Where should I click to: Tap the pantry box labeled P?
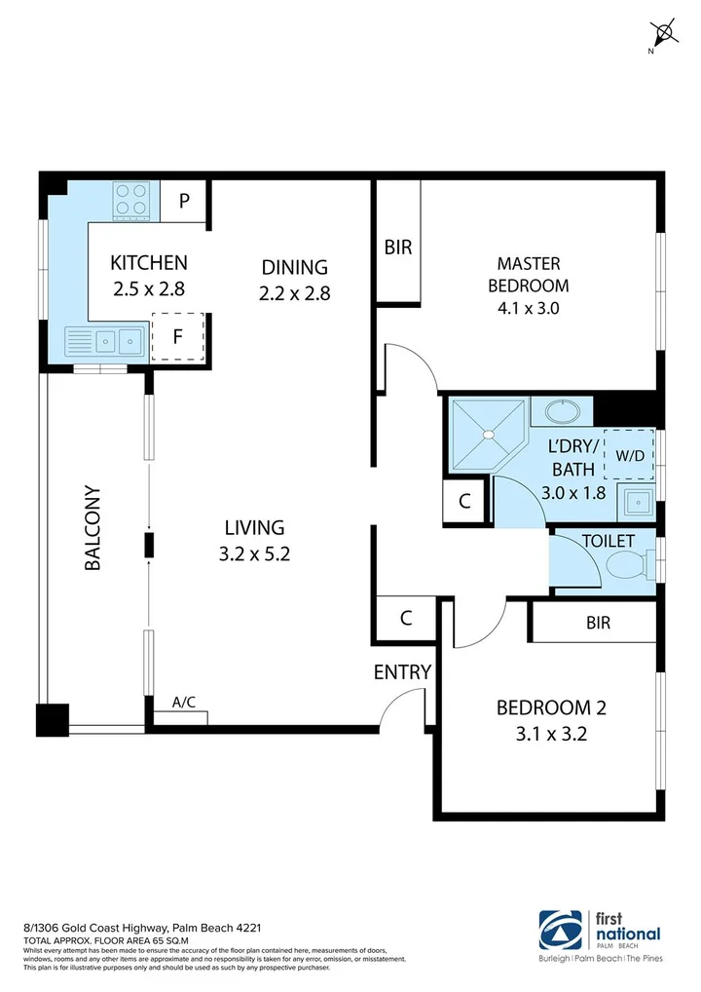(x=184, y=202)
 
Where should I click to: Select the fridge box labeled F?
(x=177, y=337)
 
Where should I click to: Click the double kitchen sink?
(x=104, y=342)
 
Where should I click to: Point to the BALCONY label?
(x=93, y=527)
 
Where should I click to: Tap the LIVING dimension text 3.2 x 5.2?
(x=254, y=554)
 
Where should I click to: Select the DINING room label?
(x=294, y=267)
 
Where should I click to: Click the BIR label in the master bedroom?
(x=397, y=248)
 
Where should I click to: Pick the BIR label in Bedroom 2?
(x=598, y=622)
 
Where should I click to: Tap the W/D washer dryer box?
(x=629, y=454)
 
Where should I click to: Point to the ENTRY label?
(x=402, y=671)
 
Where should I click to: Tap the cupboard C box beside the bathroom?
(x=465, y=503)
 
